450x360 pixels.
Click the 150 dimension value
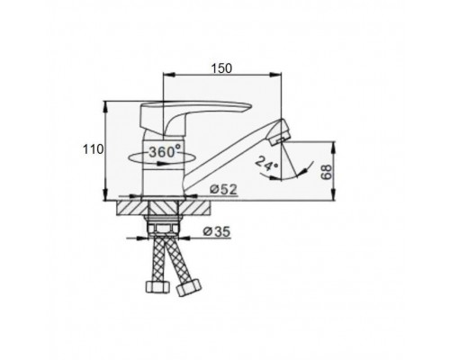tap(221, 68)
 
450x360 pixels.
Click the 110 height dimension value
tap(93, 149)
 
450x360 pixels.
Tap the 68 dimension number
tap(327, 172)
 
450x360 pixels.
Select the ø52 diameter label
tap(223, 189)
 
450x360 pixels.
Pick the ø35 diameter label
tap(217, 231)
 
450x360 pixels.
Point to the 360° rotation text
tap(166, 151)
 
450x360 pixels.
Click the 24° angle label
tap(266, 164)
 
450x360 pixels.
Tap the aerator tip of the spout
tap(280, 132)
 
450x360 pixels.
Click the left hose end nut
tap(157, 286)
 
